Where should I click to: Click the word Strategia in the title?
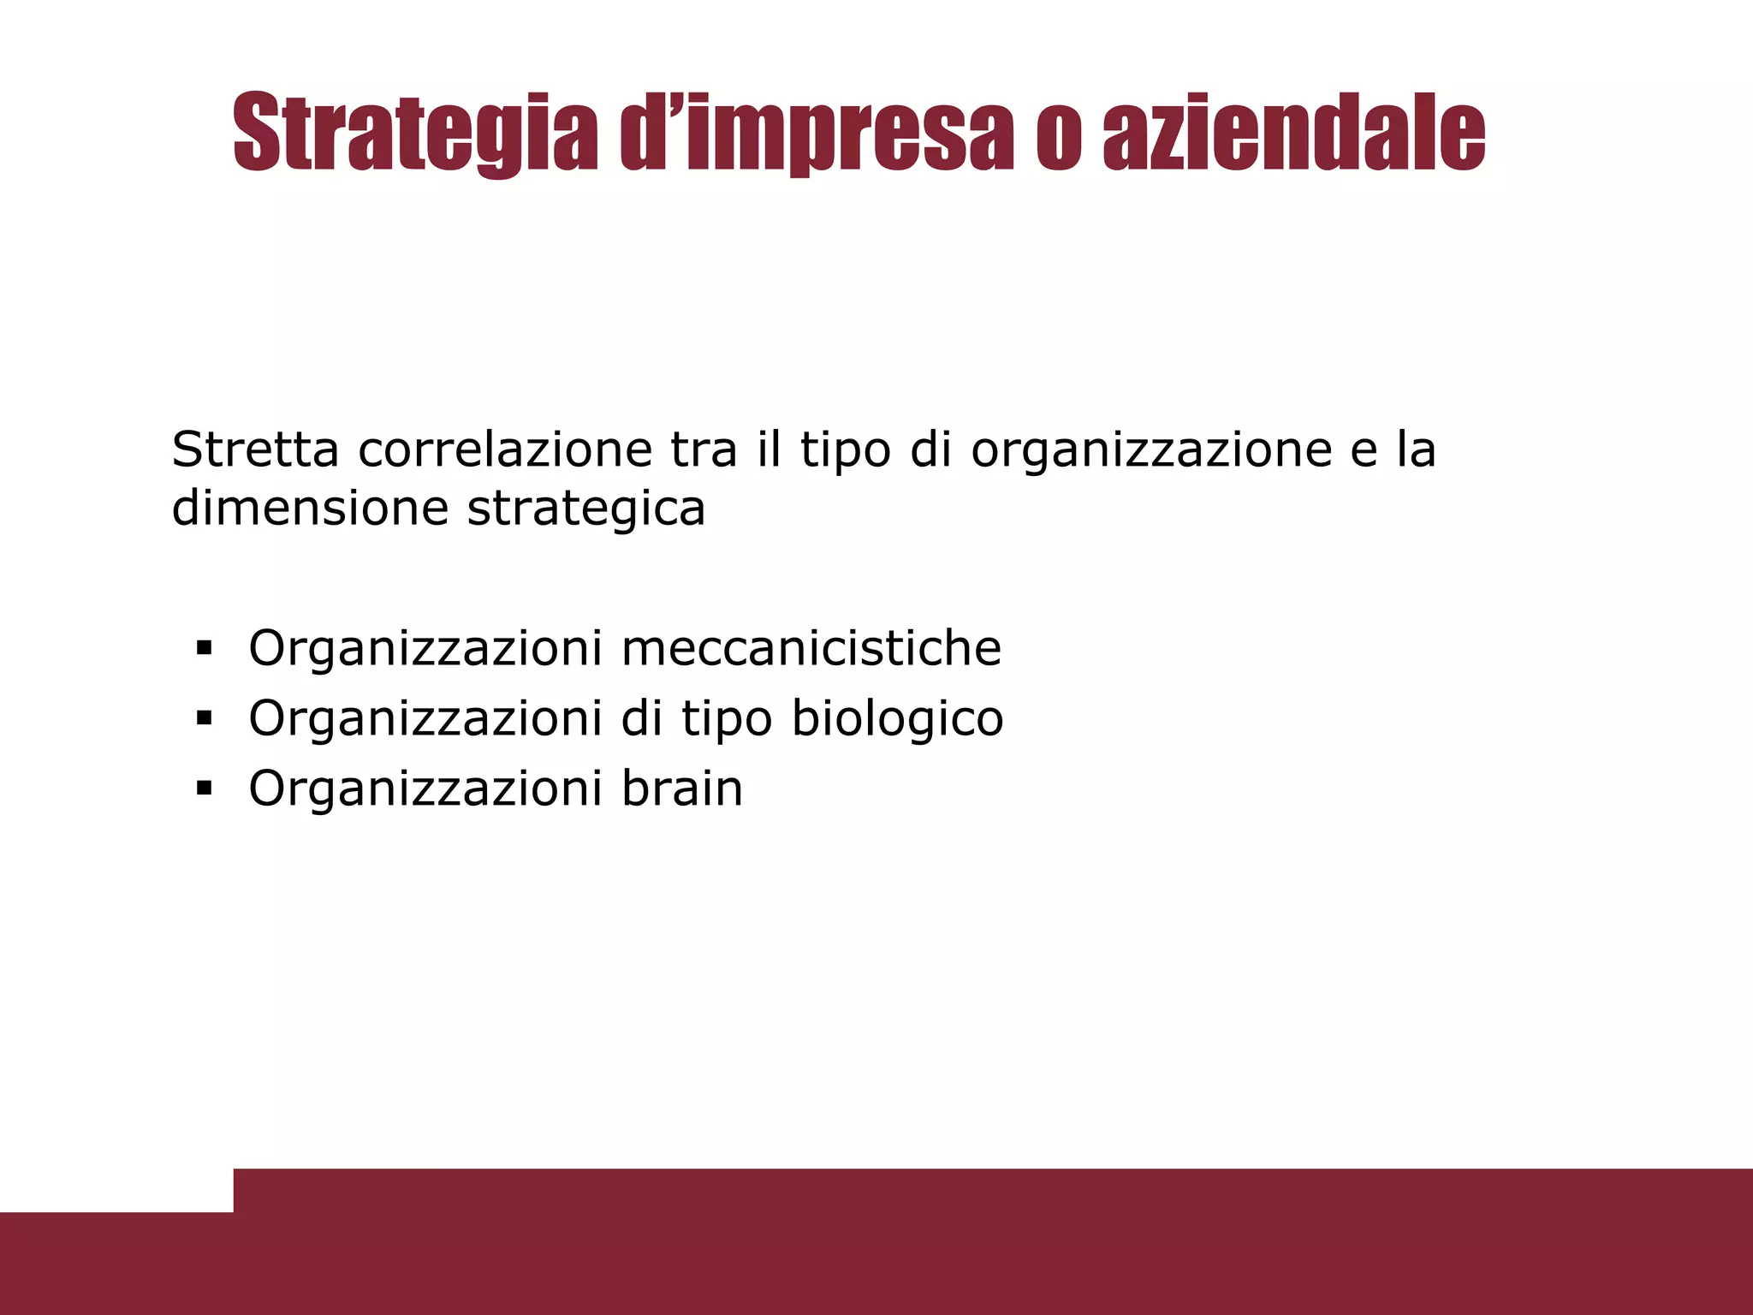point(414,134)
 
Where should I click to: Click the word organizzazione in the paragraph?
point(1151,451)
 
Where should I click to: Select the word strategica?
point(586,509)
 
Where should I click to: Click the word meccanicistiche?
point(811,648)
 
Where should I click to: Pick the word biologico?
point(897,718)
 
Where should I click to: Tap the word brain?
point(682,788)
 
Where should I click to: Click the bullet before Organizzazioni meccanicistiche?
point(203,648)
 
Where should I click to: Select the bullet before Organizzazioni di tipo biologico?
point(203,718)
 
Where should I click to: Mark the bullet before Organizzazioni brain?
point(203,788)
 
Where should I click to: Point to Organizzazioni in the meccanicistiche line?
point(425,649)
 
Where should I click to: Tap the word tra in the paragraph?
point(704,450)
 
